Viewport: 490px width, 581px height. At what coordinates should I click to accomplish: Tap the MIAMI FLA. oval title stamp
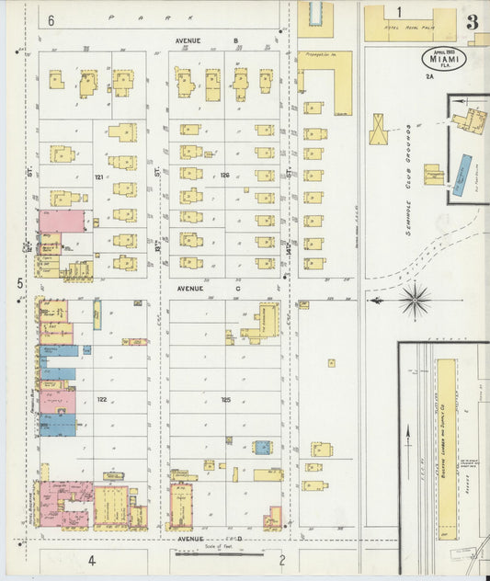tap(444, 58)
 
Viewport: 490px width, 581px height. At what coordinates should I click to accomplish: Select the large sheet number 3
tap(472, 21)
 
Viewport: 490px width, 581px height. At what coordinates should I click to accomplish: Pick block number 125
tap(224, 399)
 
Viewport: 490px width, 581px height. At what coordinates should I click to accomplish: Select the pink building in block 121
tap(61, 221)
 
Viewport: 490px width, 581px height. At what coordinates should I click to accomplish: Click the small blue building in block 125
tap(263, 448)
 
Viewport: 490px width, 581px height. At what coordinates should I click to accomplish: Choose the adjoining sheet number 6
tap(51, 19)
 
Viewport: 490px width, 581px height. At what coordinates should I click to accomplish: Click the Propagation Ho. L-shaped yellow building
tap(325, 83)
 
